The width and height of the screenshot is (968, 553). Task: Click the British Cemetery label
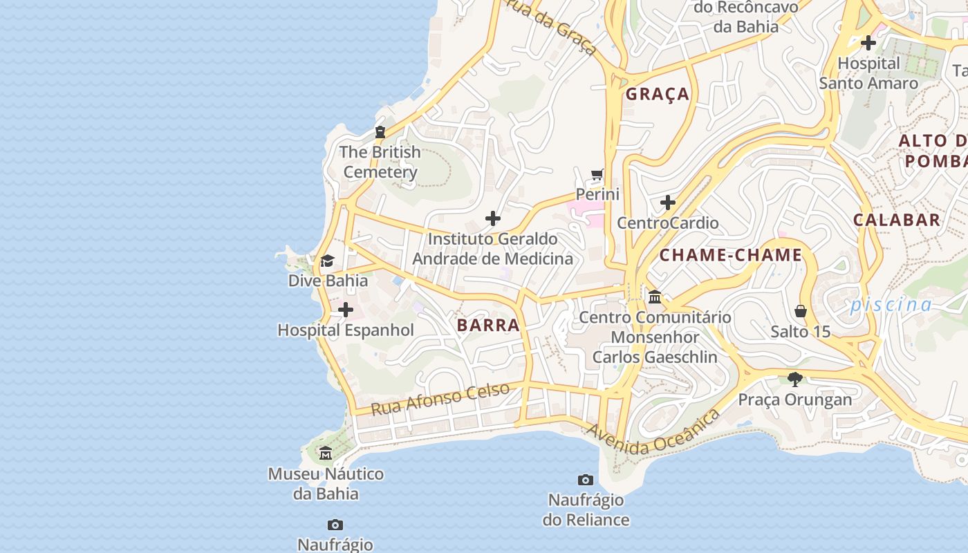pos(380,162)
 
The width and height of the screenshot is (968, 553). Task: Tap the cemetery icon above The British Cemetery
pos(380,131)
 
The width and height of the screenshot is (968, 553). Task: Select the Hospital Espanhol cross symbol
pos(346,310)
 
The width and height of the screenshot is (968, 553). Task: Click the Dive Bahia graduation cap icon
pos(327,261)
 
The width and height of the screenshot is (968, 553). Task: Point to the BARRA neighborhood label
pos(488,325)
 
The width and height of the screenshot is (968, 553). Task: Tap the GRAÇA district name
pos(658,94)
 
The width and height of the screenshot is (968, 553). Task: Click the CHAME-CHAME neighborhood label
pos(731,255)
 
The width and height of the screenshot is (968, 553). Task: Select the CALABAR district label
pos(897,220)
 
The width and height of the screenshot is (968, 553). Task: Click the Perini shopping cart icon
pos(597,174)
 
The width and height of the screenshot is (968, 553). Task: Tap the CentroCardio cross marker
pos(668,203)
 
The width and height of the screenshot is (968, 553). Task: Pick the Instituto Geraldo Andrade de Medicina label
pos(492,249)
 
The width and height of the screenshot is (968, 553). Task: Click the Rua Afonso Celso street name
pos(440,399)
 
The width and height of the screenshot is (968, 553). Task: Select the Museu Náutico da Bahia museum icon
pos(326,453)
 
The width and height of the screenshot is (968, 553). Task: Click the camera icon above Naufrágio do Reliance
pos(586,480)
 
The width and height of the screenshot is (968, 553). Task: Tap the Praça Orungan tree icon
pos(795,379)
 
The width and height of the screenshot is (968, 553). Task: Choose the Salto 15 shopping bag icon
pos(801,311)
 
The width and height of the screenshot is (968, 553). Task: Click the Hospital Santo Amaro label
pos(868,73)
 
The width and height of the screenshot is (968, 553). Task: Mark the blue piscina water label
pos(891,304)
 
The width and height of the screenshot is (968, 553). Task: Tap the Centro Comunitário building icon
pos(655,297)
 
